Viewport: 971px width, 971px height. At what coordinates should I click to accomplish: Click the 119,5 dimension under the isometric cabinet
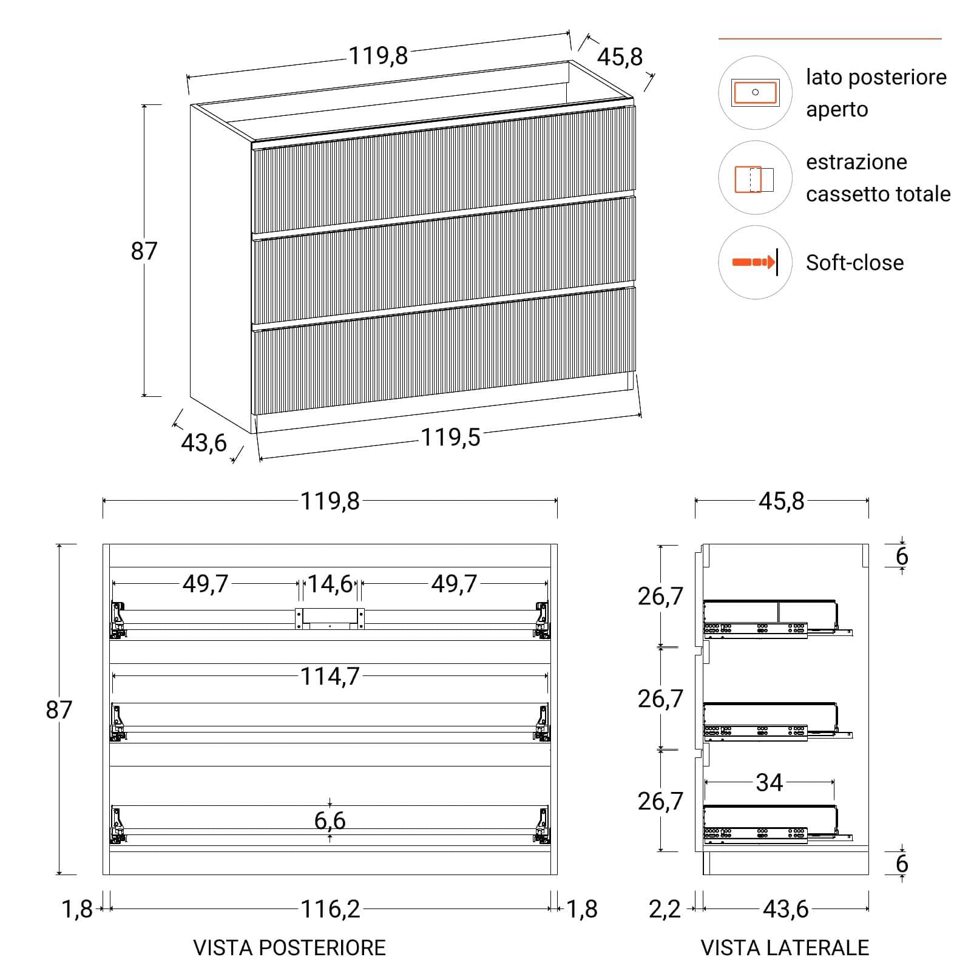[x=450, y=437]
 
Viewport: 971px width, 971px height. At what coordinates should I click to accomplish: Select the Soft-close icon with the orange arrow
[x=755, y=262]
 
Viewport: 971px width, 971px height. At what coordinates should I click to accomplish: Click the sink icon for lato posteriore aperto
[x=755, y=92]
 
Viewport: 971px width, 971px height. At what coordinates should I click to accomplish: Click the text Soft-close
[x=854, y=263]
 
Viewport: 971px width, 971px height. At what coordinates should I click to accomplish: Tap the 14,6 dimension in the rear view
[x=330, y=584]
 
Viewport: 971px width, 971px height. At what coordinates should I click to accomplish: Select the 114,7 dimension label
[x=330, y=676]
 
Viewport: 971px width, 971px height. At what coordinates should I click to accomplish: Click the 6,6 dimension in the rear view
[x=330, y=820]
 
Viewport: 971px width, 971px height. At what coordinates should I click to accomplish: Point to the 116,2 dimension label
[x=330, y=909]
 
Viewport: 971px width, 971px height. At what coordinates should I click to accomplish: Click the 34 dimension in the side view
[x=769, y=783]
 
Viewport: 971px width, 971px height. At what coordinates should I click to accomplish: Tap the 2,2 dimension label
[x=665, y=909]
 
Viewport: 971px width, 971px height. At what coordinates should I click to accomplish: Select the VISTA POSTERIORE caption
[x=289, y=948]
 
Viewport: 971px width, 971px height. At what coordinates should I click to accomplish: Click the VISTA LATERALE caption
[x=785, y=948]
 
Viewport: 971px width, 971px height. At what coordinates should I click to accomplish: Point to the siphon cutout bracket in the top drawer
[x=330, y=618]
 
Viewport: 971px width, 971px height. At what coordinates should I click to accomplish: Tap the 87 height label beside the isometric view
[x=144, y=251]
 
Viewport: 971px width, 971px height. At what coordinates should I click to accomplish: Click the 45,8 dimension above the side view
[x=781, y=501]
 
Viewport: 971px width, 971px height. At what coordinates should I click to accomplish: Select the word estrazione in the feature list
[x=856, y=162]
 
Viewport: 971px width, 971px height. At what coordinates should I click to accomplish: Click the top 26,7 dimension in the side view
[x=660, y=596]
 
